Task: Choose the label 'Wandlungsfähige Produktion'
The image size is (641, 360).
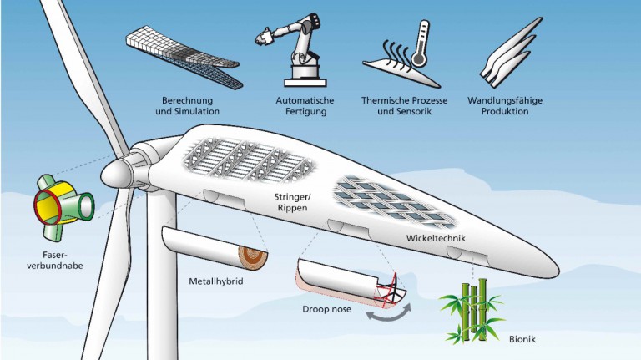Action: [x=512, y=104]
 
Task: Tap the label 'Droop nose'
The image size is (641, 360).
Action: [x=326, y=308]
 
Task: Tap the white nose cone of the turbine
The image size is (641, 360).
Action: [x=114, y=173]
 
